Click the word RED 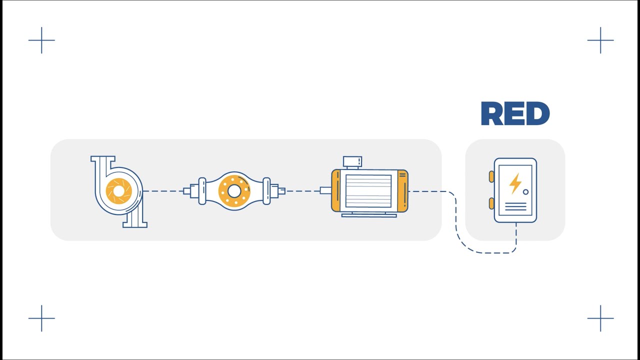tap(515, 114)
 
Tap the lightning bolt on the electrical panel tap(515, 183)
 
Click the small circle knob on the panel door tap(525, 192)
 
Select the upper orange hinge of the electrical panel tap(491, 176)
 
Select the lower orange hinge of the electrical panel tap(491, 203)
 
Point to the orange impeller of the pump tap(118, 190)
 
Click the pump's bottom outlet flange tap(134, 224)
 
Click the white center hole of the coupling tap(234, 191)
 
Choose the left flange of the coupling tap(202, 191)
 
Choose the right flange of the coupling tap(267, 191)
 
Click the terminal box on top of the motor tap(352, 161)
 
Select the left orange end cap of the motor tap(335, 190)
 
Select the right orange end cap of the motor tap(402, 190)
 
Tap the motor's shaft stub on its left tap(325, 190)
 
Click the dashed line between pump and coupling tap(163, 191)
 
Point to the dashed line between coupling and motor tap(302, 191)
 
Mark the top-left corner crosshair tap(41, 40)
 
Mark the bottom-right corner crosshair tap(600, 318)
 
